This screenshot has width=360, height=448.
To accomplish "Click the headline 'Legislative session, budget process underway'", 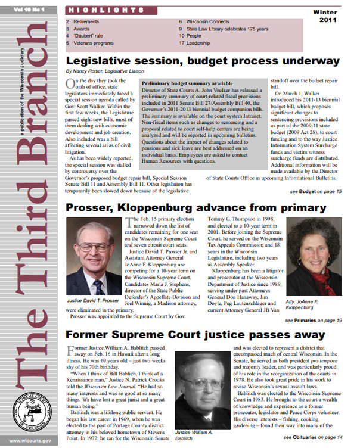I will coord(203,61).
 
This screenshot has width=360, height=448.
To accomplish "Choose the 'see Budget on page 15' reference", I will coord(316,192).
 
